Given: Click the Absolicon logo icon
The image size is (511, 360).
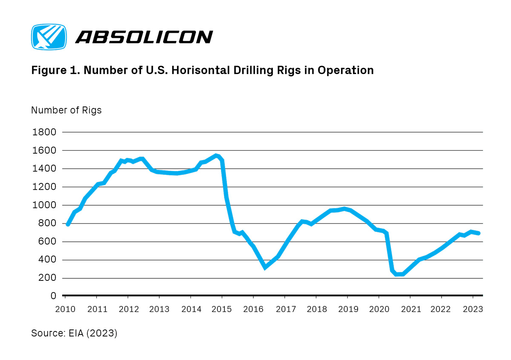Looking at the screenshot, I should click(x=49, y=37).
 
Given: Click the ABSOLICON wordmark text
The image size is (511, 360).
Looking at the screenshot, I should click(x=144, y=37).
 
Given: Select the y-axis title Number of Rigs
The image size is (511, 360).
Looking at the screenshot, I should click(x=66, y=110).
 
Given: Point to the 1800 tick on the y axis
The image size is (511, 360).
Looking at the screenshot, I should click(x=44, y=132).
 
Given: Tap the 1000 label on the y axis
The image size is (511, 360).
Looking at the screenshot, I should click(x=44, y=206).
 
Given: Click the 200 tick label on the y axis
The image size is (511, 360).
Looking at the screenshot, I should click(x=47, y=278).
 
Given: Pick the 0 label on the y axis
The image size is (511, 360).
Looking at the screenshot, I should click(x=53, y=296).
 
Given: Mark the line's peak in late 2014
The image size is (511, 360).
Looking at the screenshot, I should click(x=216, y=155).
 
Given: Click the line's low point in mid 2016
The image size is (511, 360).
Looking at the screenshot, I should click(x=265, y=267).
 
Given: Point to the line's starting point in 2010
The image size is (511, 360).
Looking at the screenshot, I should click(x=68, y=224).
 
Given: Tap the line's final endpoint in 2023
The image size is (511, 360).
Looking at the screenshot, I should click(x=479, y=233).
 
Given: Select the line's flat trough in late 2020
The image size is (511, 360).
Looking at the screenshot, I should click(x=399, y=274).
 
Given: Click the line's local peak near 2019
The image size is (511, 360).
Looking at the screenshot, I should click(x=344, y=209).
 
